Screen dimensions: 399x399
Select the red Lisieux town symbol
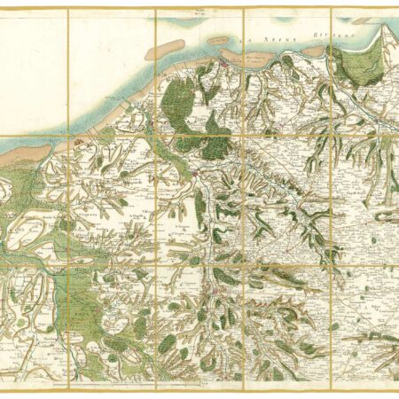pos(215,290)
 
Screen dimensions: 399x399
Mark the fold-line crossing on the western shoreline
pos(67,136)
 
